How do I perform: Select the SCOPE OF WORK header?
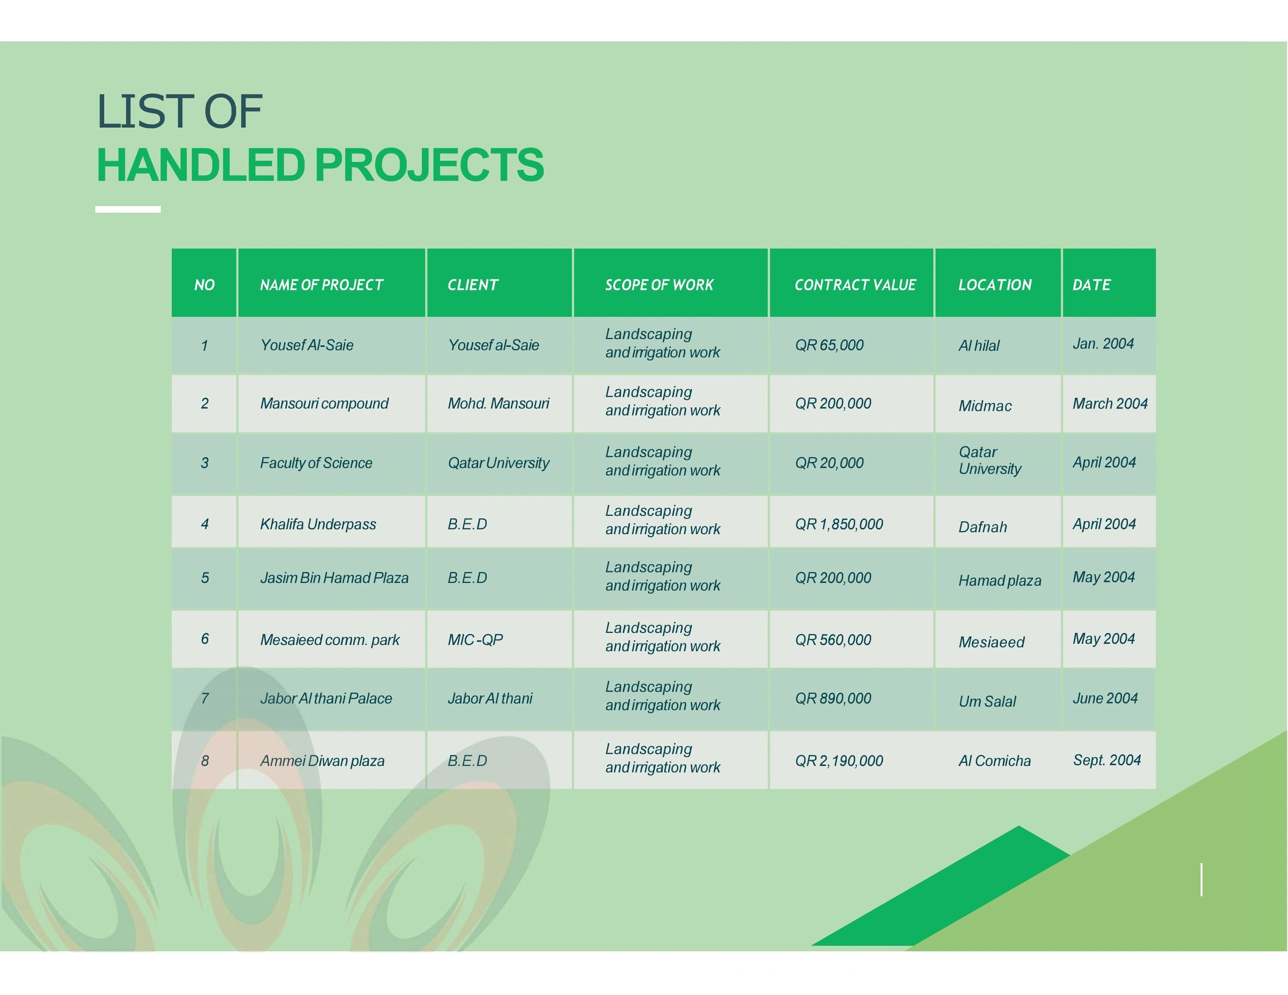(659, 285)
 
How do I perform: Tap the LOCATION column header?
(995, 285)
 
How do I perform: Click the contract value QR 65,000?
(829, 345)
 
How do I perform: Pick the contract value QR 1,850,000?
(839, 524)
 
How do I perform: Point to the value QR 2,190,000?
(839, 761)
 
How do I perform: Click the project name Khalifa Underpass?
(318, 524)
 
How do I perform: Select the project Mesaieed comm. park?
(330, 640)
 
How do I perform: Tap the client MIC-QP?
(475, 640)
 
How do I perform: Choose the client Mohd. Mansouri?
(498, 403)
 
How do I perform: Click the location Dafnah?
(983, 527)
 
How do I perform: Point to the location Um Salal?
(987, 701)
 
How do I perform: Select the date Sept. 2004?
(1107, 760)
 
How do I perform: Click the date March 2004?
(1110, 403)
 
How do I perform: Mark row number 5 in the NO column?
(205, 578)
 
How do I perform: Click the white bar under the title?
(128, 209)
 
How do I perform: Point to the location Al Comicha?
(994, 761)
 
